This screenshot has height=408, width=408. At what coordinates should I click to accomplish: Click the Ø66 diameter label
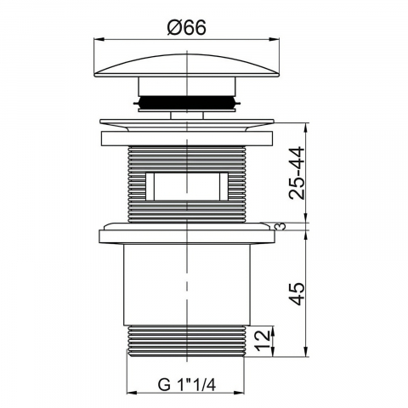(186, 27)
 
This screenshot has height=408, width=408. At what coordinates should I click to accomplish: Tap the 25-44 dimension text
(297, 173)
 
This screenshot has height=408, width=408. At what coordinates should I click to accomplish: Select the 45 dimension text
(297, 293)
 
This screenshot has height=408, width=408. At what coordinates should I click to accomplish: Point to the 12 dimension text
(262, 340)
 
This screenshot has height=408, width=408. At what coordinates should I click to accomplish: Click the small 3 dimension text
(280, 226)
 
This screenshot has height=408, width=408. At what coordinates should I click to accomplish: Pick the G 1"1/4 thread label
(187, 385)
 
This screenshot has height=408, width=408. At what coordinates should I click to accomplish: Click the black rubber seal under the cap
(187, 102)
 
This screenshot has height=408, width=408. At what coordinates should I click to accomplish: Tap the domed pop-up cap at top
(187, 65)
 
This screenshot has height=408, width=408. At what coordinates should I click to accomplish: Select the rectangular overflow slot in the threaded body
(187, 186)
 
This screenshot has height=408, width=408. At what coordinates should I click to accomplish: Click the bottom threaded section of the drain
(187, 340)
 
